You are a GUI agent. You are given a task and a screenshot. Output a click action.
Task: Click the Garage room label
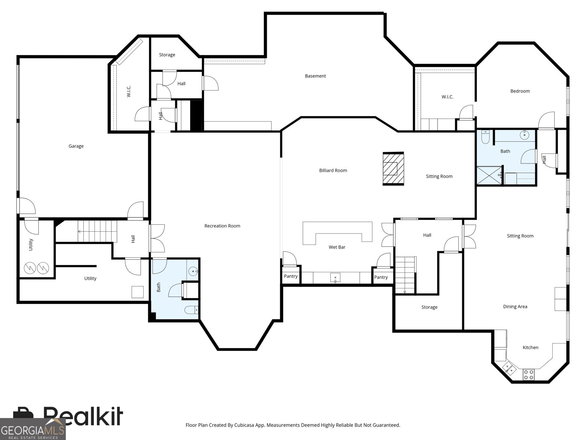coord(76,146)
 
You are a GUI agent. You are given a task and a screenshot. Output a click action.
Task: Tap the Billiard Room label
coord(333,170)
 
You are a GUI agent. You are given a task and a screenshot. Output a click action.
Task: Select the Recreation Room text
coord(222,226)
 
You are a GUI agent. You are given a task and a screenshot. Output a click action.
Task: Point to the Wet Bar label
coord(337,247)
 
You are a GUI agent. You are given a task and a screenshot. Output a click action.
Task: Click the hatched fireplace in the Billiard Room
coord(393,169)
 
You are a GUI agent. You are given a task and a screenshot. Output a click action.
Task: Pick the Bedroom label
coord(520,91)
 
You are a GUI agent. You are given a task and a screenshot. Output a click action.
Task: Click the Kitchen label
coord(530,347)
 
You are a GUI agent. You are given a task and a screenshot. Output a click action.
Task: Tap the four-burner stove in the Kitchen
coord(528,374)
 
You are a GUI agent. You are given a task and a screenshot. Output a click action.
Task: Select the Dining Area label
coord(515,307)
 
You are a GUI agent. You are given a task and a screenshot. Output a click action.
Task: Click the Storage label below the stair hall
coord(429,307)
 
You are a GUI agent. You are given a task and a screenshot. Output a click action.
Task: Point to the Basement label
coord(315,76)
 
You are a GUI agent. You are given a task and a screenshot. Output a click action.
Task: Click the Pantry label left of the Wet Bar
coord(290,276)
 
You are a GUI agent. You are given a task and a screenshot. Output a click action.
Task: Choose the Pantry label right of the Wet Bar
coord(381,277)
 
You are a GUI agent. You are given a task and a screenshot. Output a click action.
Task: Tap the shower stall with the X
coord(489,175)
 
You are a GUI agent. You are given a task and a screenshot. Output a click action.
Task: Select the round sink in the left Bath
coord(193,271)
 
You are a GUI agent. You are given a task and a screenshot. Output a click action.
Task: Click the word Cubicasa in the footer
coord(244,425)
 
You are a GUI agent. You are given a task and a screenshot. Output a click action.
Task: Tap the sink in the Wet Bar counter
coord(335,278)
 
